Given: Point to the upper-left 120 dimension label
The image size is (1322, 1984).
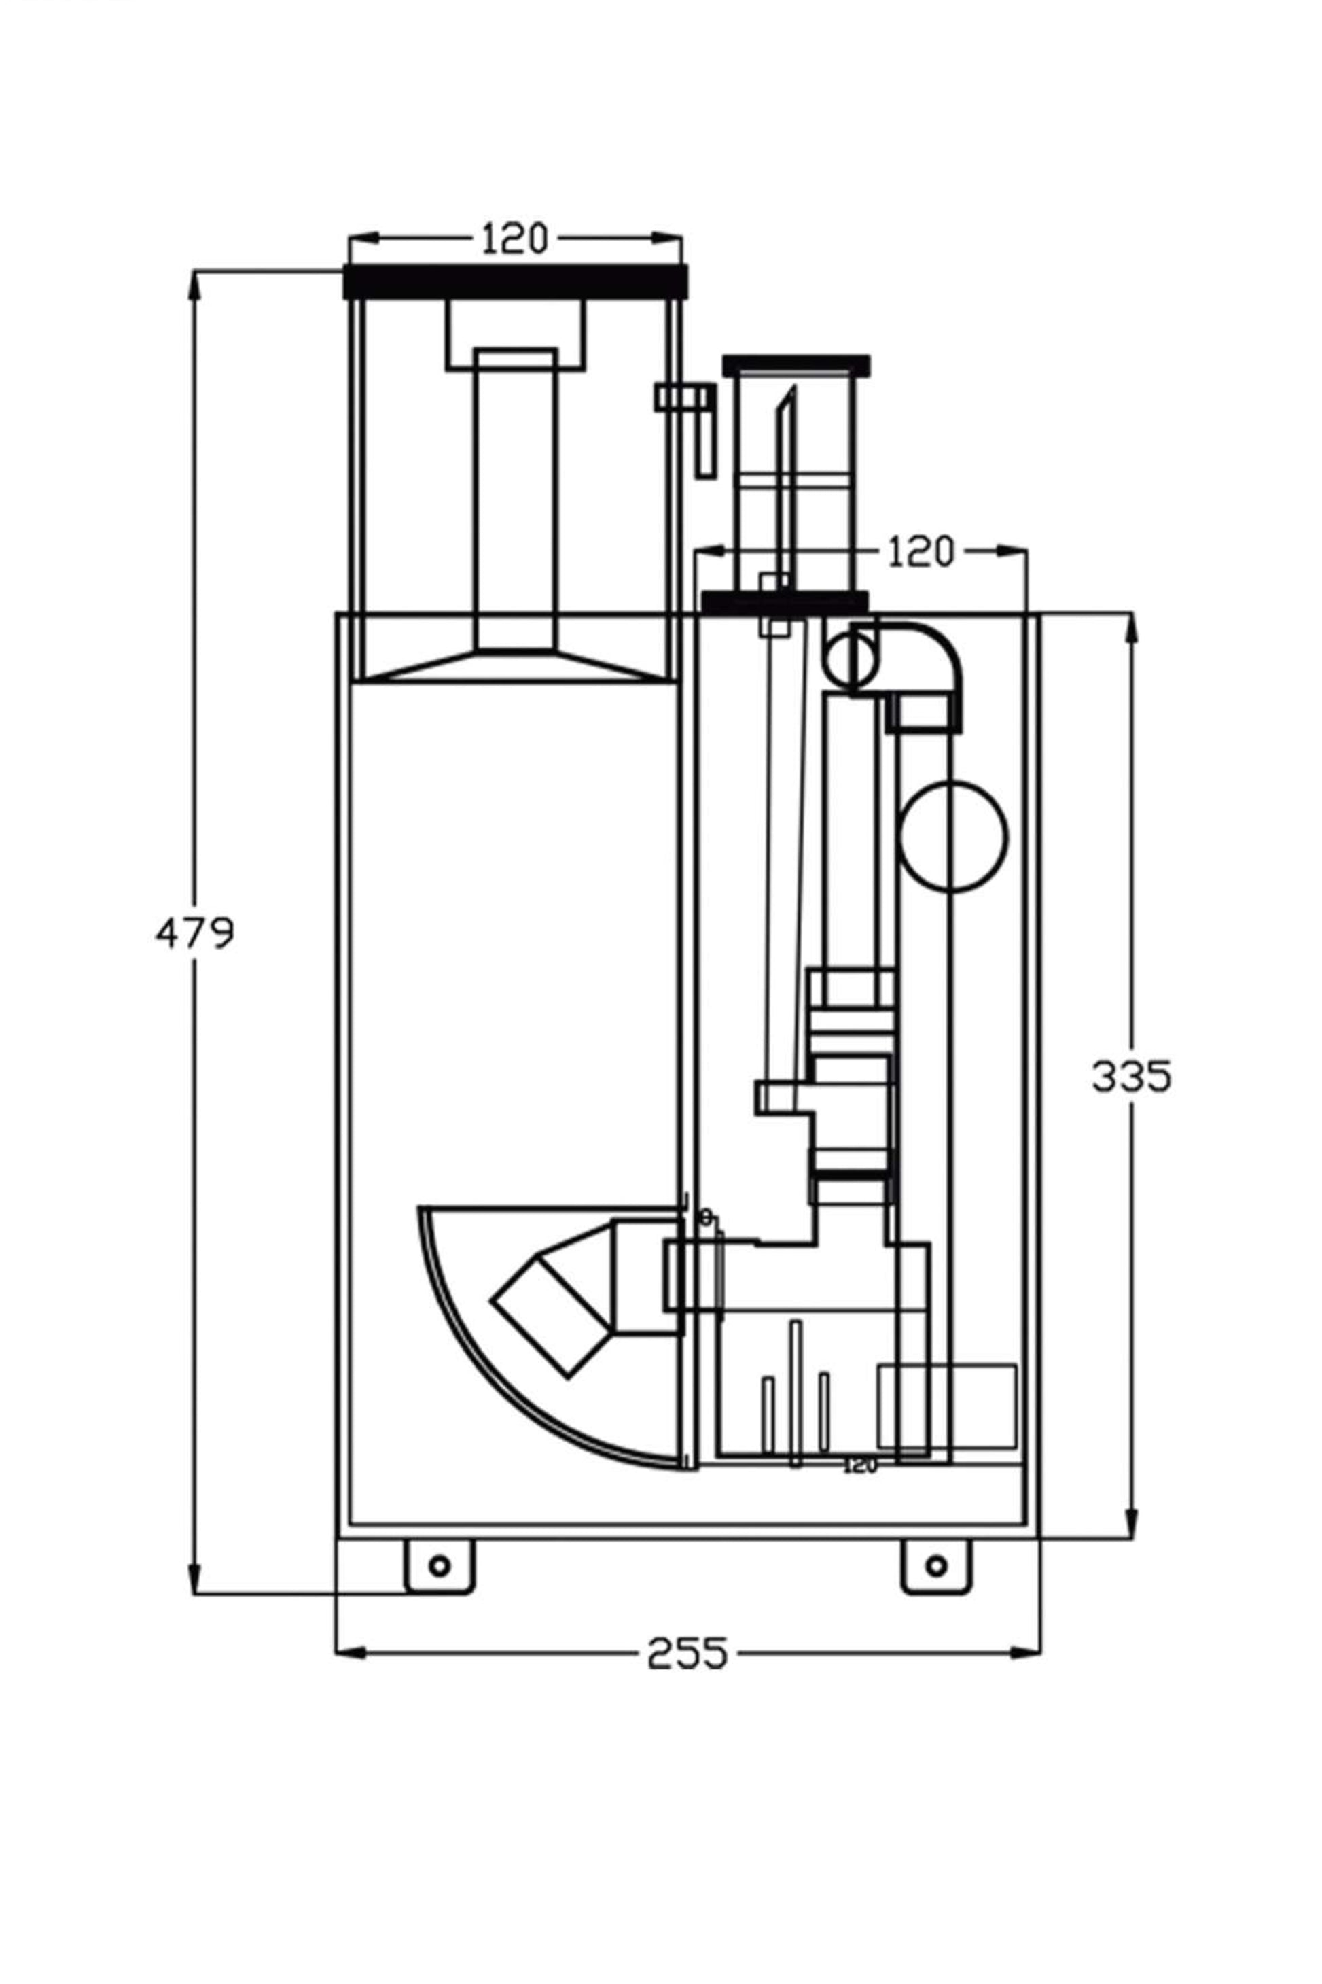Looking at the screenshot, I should (514, 239).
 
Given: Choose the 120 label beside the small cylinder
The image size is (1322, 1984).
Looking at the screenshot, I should (921, 553).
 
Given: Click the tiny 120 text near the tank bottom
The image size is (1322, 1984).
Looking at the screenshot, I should (860, 1466).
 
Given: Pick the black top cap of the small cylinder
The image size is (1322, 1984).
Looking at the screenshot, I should (797, 365).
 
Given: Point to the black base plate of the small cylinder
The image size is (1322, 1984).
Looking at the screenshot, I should (785, 602).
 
